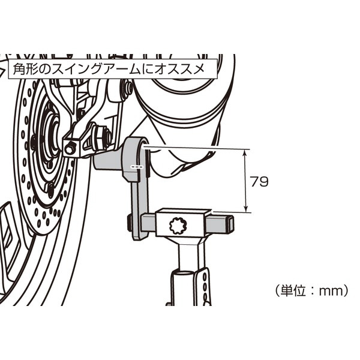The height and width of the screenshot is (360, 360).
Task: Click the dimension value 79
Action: (x=259, y=181)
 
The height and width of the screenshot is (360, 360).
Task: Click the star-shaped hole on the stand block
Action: (x=178, y=226)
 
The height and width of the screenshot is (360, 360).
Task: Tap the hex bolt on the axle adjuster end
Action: (x=70, y=148)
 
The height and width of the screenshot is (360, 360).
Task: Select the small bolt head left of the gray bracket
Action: (x=129, y=223)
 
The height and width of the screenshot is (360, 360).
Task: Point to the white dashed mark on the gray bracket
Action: (x=137, y=167)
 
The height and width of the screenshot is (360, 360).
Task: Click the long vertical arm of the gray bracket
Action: (x=139, y=206)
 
